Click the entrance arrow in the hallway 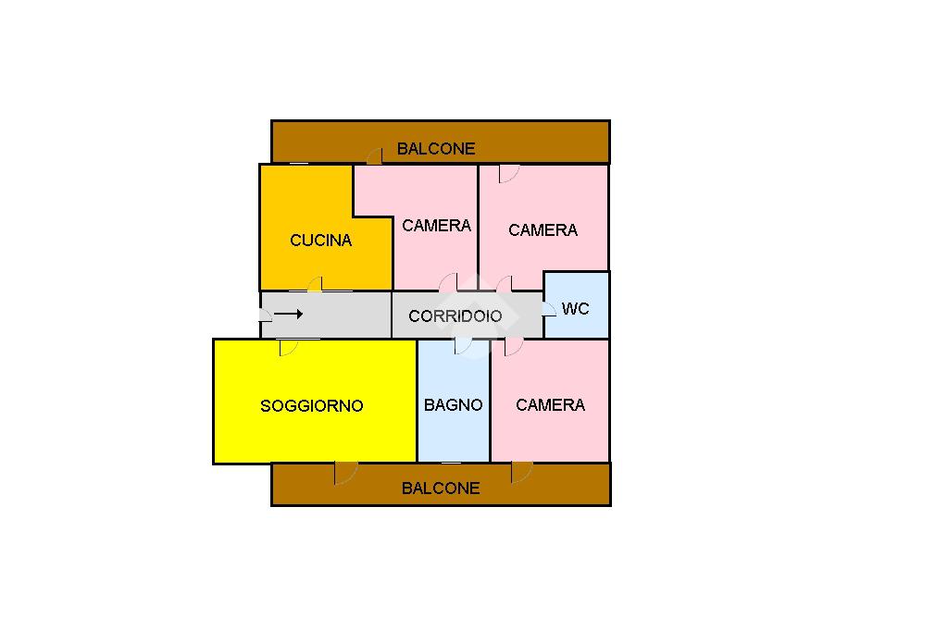pyautogui.click(x=289, y=315)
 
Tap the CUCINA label pyautogui.click(x=320, y=241)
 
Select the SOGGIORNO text pyautogui.click(x=311, y=405)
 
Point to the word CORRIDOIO pyautogui.click(x=455, y=315)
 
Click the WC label pyautogui.click(x=575, y=308)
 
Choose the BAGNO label pyautogui.click(x=453, y=405)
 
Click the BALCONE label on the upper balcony pyautogui.click(x=436, y=148)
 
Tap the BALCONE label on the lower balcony pyautogui.click(x=441, y=488)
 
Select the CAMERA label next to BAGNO pyautogui.click(x=550, y=405)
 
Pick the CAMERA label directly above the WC pyautogui.click(x=543, y=229)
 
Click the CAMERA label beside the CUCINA pyautogui.click(x=436, y=225)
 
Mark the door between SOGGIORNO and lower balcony pyautogui.click(x=345, y=472)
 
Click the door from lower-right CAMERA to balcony pyautogui.click(x=521, y=472)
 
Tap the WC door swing pyautogui.click(x=551, y=306)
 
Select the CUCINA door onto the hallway pyautogui.click(x=316, y=284)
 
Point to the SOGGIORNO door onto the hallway pyautogui.click(x=288, y=347)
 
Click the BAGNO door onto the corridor pyautogui.click(x=464, y=346)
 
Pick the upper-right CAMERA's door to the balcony pyautogui.click(x=508, y=173)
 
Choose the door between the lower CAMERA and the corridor pyautogui.click(x=513, y=347)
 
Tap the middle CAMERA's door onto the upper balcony pyautogui.click(x=374, y=156)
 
